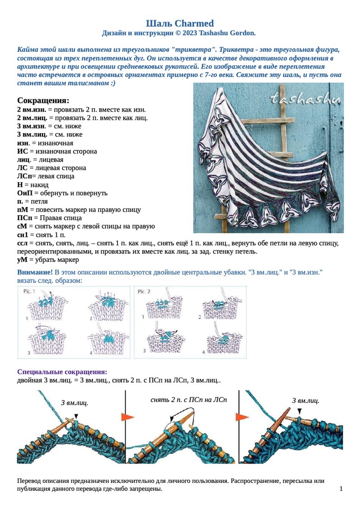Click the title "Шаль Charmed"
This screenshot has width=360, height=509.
[180, 23]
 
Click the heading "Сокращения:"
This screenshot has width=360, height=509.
[43, 100]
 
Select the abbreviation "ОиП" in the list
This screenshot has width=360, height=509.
[24, 193]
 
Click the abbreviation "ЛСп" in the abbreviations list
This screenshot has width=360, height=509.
[24, 176]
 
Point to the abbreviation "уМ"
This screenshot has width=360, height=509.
[22, 260]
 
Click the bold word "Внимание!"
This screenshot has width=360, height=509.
[35, 272]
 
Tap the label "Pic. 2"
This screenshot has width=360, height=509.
[144, 292]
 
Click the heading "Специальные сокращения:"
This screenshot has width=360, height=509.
[62, 372]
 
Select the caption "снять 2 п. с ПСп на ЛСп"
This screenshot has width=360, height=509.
[189, 400]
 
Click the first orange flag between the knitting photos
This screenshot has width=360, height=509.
[128, 417]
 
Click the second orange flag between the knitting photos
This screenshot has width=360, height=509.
[242, 417]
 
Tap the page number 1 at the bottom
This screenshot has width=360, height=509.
[341, 489]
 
